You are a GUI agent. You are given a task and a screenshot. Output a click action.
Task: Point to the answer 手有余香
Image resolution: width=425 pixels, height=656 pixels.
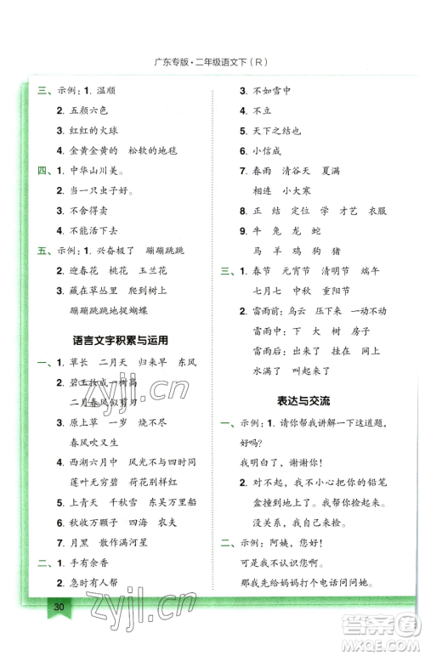point(88,585)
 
